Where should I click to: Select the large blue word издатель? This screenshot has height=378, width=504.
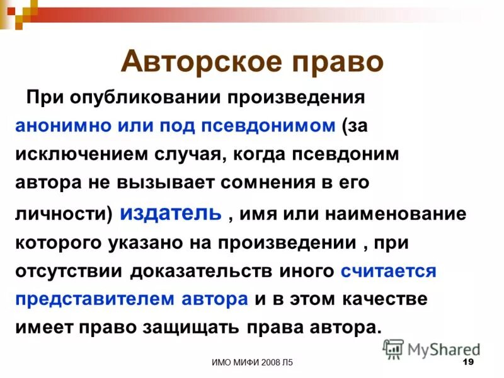[170, 212]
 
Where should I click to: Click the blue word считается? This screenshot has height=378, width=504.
[388, 272]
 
